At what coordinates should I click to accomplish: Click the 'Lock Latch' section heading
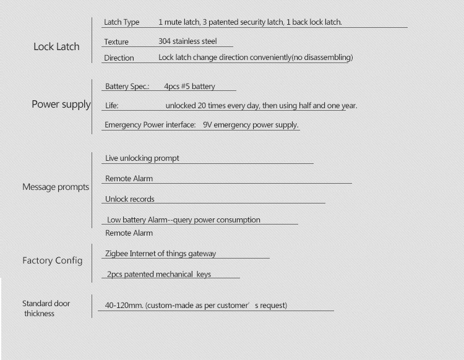[x=56, y=46]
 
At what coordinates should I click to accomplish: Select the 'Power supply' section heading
[x=61, y=105]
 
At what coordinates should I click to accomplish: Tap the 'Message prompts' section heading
[x=56, y=187]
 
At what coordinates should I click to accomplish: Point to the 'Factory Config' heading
[x=52, y=260]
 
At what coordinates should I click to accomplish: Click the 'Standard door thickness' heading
[x=46, y=308]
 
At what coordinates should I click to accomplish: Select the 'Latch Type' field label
[x=122, y=22]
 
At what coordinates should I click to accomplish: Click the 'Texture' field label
[x=116, y=42]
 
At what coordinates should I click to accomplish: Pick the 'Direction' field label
[x=119, y=58]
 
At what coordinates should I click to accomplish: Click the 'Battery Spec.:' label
[x=127, y=87]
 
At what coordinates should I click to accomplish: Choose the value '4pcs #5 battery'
[x=189, y=87]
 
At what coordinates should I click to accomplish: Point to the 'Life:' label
[x=111, y=106]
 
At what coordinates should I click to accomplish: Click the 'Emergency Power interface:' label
[x=150, y=125]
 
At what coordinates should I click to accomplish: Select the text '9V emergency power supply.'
[x=251, y=125]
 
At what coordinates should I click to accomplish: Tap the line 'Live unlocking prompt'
[x=142, y=158]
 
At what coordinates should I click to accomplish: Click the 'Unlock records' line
[x=130, y=199]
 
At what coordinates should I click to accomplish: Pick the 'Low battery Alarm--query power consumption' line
[x=183, y=220]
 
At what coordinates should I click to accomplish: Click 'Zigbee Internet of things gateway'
[x=161, y=254]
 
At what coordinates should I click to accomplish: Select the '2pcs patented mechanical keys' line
[x=159, y=274]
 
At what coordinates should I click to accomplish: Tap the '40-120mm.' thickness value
[x=124, y=306]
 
